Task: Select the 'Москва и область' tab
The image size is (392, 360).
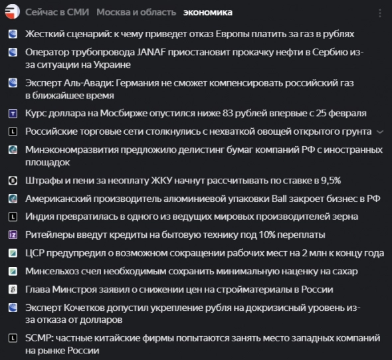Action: [136, 13]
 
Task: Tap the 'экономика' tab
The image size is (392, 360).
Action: [208, 13]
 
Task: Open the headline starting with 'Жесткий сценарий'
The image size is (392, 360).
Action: [189, 33]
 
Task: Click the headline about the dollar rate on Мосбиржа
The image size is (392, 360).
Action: [195, 114]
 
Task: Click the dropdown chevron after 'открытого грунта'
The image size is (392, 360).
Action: [379, 132]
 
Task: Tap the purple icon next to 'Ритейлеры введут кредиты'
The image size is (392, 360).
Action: [12, 235]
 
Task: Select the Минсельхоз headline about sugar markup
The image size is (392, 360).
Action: [191, 271]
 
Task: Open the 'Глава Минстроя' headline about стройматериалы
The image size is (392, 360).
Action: [179, 290]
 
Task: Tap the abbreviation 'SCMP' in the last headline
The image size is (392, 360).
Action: [39, 338]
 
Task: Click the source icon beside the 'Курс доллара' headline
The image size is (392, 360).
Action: [12, 114]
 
